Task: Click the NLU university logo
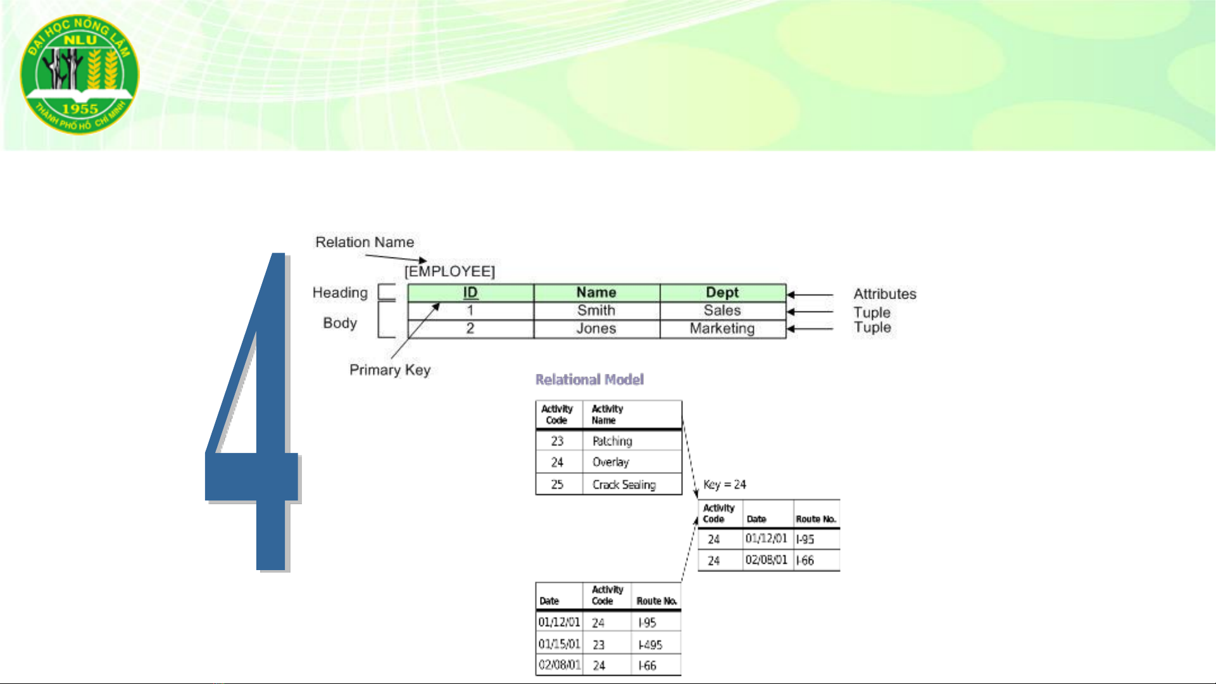coord(80,75)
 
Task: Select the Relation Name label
coord(365,242)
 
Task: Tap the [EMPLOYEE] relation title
coord(449,271)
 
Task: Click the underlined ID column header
coord(470,292)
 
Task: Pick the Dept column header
coord(722,292)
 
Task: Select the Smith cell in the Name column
coord(596,311)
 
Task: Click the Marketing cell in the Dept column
coord(722,328)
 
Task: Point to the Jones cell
coord(596,328)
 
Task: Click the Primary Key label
coord(390,370)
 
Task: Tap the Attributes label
coord(885,294)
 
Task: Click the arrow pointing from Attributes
coord(810,294)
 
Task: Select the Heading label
coord(340,293)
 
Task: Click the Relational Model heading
coord(590,380)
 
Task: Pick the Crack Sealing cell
coord(624,485)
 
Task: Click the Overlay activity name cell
coord(611,463)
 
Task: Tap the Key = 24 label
coord(725,485)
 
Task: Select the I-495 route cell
coord(650,645)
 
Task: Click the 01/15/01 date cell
coord(559,644)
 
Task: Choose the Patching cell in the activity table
coord(612,441)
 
